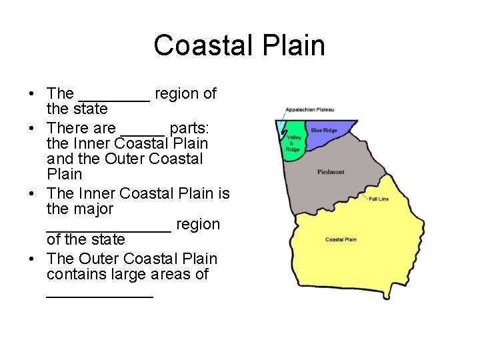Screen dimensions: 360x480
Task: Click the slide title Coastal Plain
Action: tap(239, 45)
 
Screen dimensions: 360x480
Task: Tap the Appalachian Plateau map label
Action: tap(309, 109)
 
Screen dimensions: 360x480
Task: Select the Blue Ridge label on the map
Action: tap(324, 131)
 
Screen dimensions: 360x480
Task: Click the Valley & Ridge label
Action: tap(293, 143)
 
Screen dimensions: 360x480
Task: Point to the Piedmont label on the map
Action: tap(331, 172)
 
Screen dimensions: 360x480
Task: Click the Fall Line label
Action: tap(379, 199)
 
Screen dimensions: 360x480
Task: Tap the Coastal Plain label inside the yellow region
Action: tap(341, 239)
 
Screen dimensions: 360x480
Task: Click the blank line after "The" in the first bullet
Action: tap(114, 99)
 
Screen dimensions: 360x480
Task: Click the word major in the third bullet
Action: tap(81, 209)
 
